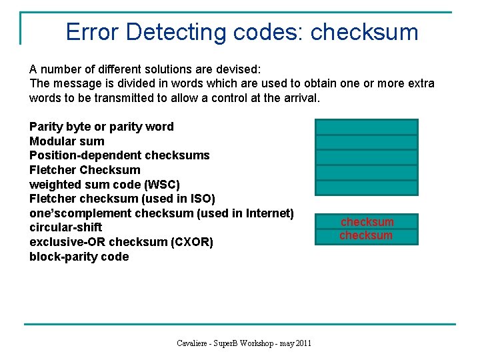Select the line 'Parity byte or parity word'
pyautogui.click(x=101, y=127)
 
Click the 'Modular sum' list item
pyautogui.click(x=67, y=141)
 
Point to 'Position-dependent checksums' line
pyautogui.click(x=119, y=155)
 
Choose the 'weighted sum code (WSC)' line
pyautogui.click(x=105, y=184)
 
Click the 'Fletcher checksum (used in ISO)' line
pyautogui.click(x=122, y=199)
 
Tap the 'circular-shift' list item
pyautogui.click(x=66, y=227)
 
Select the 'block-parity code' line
pyautogui.click(x=79, y=257)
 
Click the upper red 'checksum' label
pyautogui.click(x=367, y=222)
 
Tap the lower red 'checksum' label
pyautogui.click(x=366, y=235)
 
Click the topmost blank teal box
pyautogui.click(x=366, y=127)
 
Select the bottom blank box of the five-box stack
pyautogui.click(x=366, y=187)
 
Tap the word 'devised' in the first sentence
pyautogui.click(x=239, y=69)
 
